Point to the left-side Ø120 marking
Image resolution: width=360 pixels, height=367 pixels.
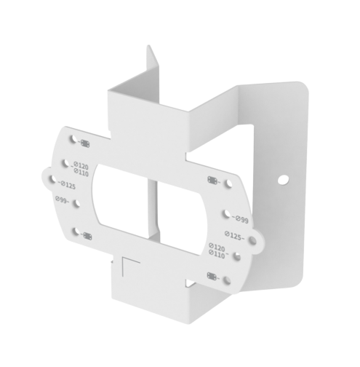click(x=81, y=165)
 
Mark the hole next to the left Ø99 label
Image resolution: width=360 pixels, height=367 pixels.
click(x=76, y=199)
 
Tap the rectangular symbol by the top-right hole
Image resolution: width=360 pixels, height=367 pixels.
click(x=212, y=180)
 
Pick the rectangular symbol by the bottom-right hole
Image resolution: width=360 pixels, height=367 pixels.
click(x=212, y=275)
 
